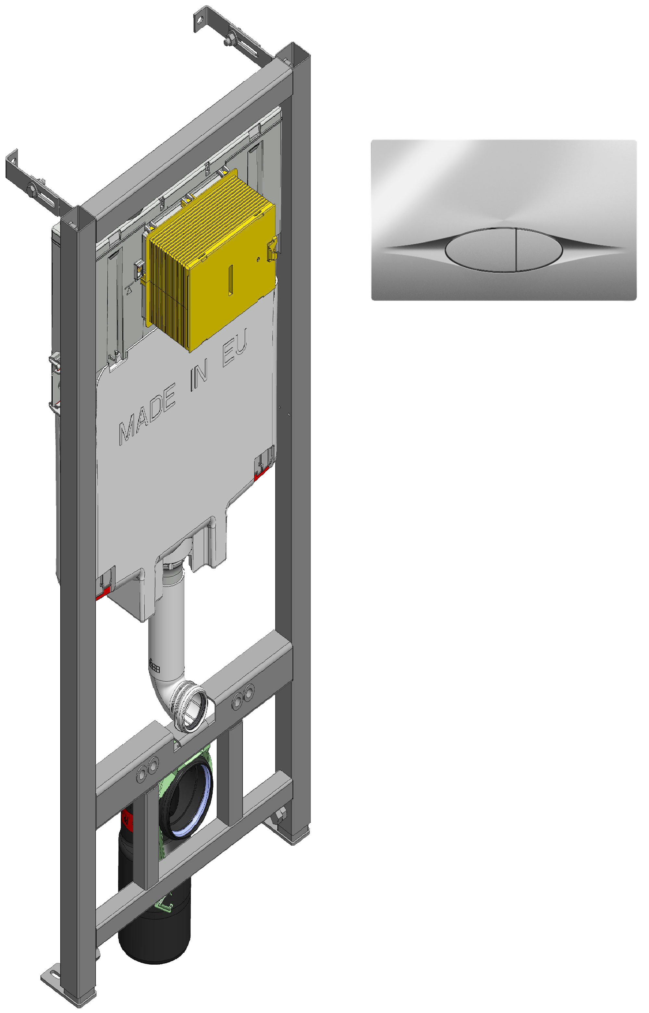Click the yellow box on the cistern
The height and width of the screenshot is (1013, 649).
[211, 259]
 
